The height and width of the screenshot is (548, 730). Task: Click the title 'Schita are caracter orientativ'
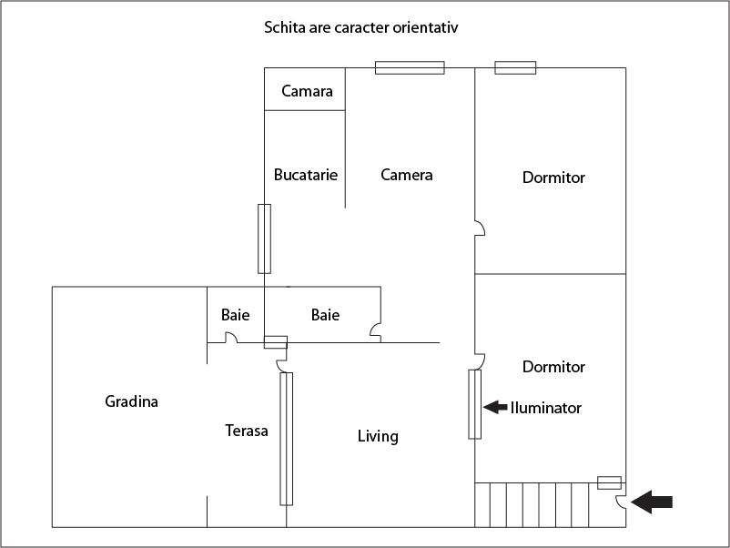tap(360, 27)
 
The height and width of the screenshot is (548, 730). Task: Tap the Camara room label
tap(307, 91)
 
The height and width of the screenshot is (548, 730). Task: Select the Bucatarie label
tap(306, 175)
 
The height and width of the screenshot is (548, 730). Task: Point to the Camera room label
tap(406, 175)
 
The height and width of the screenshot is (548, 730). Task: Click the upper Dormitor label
tap(553, 178)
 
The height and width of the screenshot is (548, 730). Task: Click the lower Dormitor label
tap(553, 367)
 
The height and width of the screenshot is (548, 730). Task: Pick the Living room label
tap(378, 436)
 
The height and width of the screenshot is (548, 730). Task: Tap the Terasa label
tap(247, 431)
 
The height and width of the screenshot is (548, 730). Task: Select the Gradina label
tap(131, 401)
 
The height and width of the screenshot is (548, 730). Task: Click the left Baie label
tap(235, 315)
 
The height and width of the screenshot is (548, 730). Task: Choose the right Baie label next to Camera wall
tap(325, 315)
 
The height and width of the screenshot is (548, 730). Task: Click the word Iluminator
tap(545, 408)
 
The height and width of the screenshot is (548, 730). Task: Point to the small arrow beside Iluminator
tap(495, 407)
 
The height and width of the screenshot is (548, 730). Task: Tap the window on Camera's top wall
tap(410, 67)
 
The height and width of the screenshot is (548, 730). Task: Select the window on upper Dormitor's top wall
tap(515, 67)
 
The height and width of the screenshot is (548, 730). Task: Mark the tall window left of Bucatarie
tap(264, 238)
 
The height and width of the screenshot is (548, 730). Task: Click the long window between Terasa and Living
tap(286, 439)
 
